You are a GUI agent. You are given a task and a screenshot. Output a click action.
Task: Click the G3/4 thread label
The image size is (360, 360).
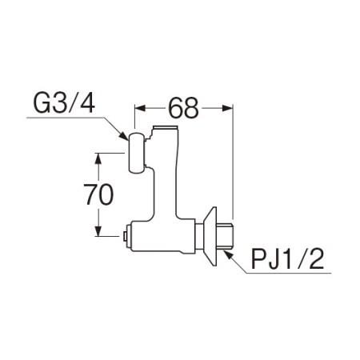[64, 105]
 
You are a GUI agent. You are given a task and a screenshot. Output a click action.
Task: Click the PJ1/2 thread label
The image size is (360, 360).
[287, 260]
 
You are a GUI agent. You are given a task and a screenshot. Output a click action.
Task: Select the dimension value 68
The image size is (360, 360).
[183, 108]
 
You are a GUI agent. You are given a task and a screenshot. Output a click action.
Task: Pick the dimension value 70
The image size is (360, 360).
[98, 194]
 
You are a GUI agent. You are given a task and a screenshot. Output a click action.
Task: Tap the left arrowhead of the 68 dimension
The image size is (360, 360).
[140, 108]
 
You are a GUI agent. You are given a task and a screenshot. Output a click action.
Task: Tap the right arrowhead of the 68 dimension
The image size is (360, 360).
[228, 108]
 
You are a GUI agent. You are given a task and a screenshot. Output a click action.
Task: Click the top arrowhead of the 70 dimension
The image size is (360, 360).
[98, 158]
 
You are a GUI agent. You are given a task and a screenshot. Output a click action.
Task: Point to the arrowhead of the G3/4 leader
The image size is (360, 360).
[124, 136]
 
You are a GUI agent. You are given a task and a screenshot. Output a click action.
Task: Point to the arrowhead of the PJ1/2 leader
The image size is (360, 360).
[229, 254]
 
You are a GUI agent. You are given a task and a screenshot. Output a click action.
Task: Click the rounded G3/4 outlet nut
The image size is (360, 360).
[137, 153]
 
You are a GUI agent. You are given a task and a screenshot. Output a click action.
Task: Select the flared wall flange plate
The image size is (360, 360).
[210, 236]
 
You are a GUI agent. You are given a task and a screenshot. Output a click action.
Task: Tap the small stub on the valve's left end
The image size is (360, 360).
[126, 236]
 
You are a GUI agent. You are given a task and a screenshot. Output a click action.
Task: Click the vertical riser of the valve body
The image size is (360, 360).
[166, 174]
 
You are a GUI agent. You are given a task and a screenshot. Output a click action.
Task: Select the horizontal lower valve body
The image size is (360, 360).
[162, 236]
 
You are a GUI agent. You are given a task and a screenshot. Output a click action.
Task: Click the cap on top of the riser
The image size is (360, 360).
[166, 128]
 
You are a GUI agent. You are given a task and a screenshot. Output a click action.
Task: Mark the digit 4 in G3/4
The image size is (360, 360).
[87, 105]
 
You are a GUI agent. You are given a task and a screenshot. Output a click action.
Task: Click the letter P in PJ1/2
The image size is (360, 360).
[258, 260]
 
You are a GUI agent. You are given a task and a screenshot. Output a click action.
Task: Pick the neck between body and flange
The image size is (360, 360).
[199, 236]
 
